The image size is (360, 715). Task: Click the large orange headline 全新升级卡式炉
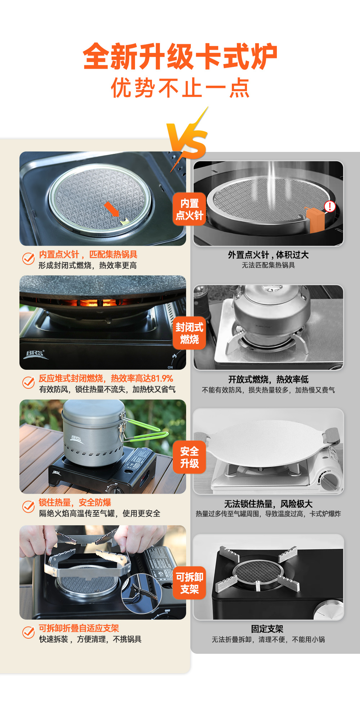pos(180,56)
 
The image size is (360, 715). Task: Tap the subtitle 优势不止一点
pos(180,88)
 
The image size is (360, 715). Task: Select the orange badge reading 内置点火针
pos(189,209)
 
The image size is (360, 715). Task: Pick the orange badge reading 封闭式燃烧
pos(189,333)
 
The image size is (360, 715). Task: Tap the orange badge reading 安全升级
pos(189,457)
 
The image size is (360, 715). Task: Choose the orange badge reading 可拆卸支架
pos(189,583)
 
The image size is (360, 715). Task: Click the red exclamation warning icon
pos(330,206)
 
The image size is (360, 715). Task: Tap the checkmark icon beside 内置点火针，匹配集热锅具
pos(28,258)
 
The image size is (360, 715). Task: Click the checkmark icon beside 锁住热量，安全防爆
pos(28,507)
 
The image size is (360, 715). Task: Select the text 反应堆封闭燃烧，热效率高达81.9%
pos(106,378)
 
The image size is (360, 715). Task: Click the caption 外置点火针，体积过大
pos(268,255)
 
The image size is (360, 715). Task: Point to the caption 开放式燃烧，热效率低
pos(268,379)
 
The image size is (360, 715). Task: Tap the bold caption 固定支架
pos(267,629)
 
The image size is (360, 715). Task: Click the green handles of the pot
pos(144,428)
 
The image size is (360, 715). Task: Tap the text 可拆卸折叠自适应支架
pos(79,628)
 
